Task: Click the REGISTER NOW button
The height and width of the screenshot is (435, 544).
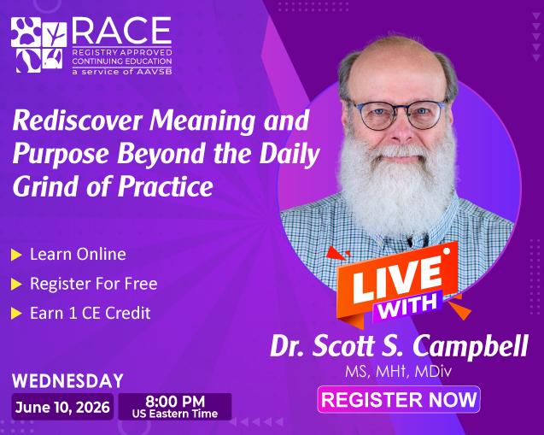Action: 399,400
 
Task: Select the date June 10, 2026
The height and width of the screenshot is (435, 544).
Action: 61,407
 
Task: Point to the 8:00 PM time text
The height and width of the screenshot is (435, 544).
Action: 175,400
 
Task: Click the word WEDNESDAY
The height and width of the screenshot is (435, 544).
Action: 67,380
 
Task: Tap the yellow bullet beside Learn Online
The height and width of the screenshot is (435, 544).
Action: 16,255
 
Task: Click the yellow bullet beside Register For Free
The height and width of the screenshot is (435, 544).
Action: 16,284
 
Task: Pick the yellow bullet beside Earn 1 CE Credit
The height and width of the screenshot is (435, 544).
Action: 16,313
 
